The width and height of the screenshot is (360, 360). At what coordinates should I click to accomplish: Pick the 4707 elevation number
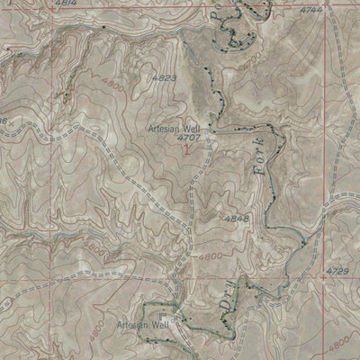[x=188, y=139]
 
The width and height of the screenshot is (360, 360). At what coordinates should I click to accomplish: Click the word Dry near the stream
[x=222, y=310]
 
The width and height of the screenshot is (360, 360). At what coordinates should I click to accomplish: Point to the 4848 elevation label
[x=238, y=219]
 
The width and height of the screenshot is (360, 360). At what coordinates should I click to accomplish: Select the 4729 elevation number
[x=337, y=271]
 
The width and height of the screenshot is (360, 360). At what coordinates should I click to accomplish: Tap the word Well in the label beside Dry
[x=159, y=324]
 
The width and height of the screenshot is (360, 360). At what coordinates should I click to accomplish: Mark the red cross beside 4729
[x=323, y=277]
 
